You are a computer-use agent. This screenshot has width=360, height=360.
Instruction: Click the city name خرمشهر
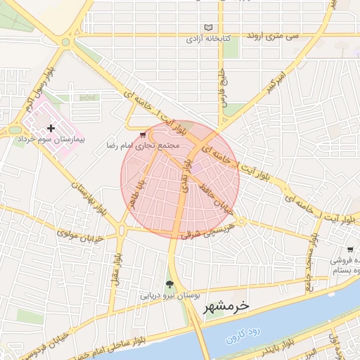tap(226, 307)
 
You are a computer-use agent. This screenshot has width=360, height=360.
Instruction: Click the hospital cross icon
tap(51, 128)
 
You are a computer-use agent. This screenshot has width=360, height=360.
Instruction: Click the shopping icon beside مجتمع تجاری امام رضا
tap(143, 134)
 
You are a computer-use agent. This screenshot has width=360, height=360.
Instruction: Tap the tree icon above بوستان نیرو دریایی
tap(169, 284)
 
